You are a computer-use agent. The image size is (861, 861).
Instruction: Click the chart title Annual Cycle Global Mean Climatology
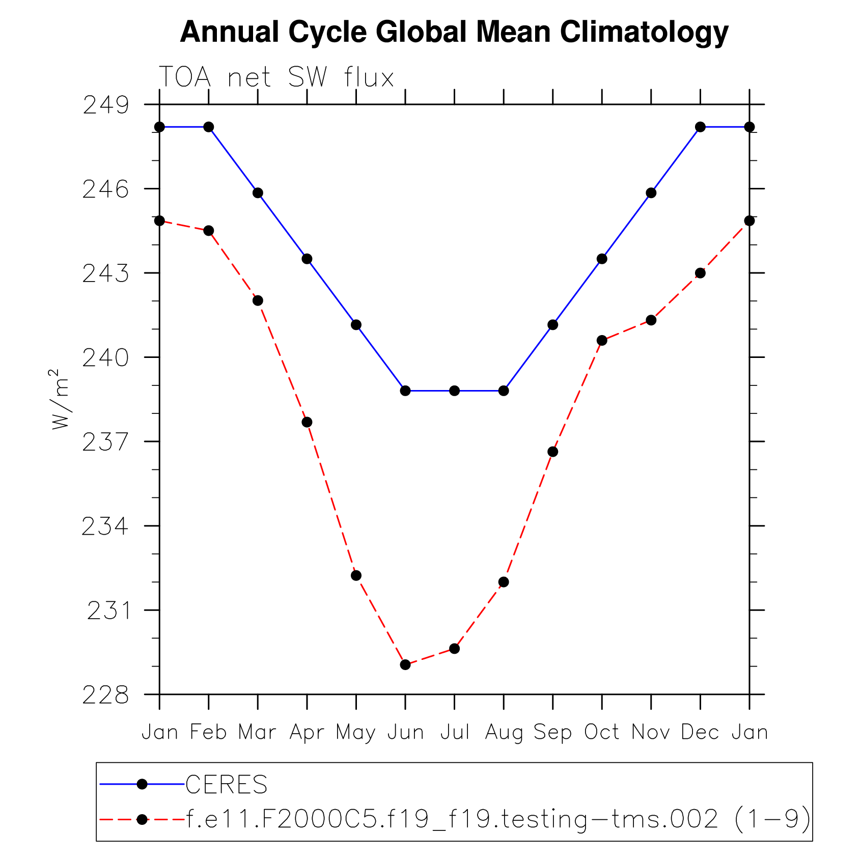454,32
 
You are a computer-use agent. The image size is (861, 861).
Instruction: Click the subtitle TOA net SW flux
276,78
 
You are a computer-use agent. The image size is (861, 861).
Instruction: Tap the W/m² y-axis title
60,400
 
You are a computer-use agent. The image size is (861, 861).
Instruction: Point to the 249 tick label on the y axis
106,105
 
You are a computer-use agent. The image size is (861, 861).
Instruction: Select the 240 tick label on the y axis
106,358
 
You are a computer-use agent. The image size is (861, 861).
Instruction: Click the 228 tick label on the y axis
106,695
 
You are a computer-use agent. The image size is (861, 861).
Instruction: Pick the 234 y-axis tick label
106,526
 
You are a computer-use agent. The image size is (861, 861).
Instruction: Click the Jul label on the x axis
454,733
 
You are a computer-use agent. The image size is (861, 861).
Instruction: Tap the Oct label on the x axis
601,733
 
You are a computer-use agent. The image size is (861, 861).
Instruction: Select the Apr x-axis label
307,733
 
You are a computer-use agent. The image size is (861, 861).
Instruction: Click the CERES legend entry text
227,785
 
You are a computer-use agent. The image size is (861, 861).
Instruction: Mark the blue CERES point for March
258,193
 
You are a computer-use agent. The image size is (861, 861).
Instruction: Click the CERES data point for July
454,391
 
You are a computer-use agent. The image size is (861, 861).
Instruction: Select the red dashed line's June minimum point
405,664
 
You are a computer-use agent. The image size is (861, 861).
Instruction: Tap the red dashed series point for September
552,452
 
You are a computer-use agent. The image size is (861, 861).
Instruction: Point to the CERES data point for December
700,127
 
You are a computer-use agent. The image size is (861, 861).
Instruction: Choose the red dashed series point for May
356,575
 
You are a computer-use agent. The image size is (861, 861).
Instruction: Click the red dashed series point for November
651,320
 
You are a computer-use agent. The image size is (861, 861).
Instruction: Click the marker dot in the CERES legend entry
143,785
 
